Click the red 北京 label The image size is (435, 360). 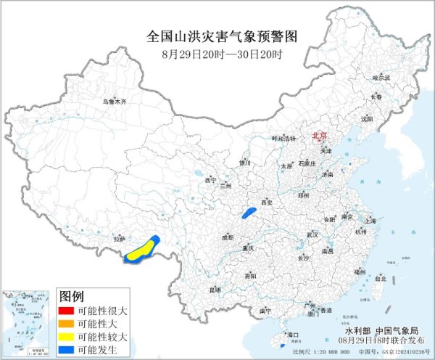[320, 136]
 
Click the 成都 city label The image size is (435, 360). [228, 237]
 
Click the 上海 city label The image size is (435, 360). [370, 221]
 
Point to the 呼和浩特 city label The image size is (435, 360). [283, 137]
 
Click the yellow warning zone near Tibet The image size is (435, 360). [143, 249]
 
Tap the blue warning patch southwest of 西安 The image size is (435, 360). [249, 213]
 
